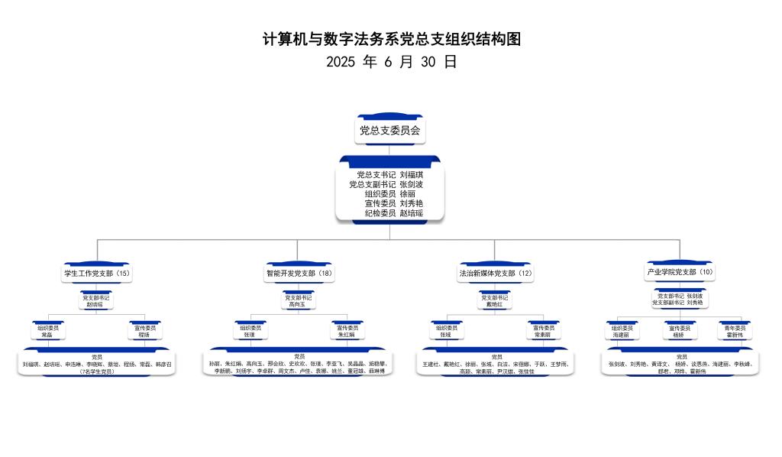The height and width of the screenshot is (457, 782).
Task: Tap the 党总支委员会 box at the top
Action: point(389,131)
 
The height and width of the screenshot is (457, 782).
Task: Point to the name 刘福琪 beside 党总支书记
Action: point(411,175)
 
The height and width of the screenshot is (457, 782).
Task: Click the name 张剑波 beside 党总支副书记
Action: point(411,184)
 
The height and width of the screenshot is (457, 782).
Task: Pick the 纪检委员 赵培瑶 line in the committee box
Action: point(393,213)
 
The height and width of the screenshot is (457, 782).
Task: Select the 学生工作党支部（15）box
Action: point(97,273)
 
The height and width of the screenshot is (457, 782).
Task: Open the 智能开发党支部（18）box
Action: point(299,273)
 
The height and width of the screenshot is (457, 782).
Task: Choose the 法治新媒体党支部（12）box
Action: point(495,273)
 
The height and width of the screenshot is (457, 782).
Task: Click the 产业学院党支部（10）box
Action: point(680,272)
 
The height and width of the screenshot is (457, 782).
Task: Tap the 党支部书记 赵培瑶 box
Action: point(96,301)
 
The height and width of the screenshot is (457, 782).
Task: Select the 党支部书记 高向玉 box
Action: point(299,301)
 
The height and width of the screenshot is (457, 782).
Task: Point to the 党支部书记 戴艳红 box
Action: point(495,301)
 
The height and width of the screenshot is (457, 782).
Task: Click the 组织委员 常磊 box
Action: point(47,331)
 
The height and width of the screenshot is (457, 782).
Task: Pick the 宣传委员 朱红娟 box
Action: point(347,331)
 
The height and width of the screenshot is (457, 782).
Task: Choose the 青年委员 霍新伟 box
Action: point(735,331)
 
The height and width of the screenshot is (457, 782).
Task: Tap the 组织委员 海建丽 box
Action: point(622,331)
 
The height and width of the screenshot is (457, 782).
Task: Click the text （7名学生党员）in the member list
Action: point(96,371)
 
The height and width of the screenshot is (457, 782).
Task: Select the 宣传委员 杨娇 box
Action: point(678,331)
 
